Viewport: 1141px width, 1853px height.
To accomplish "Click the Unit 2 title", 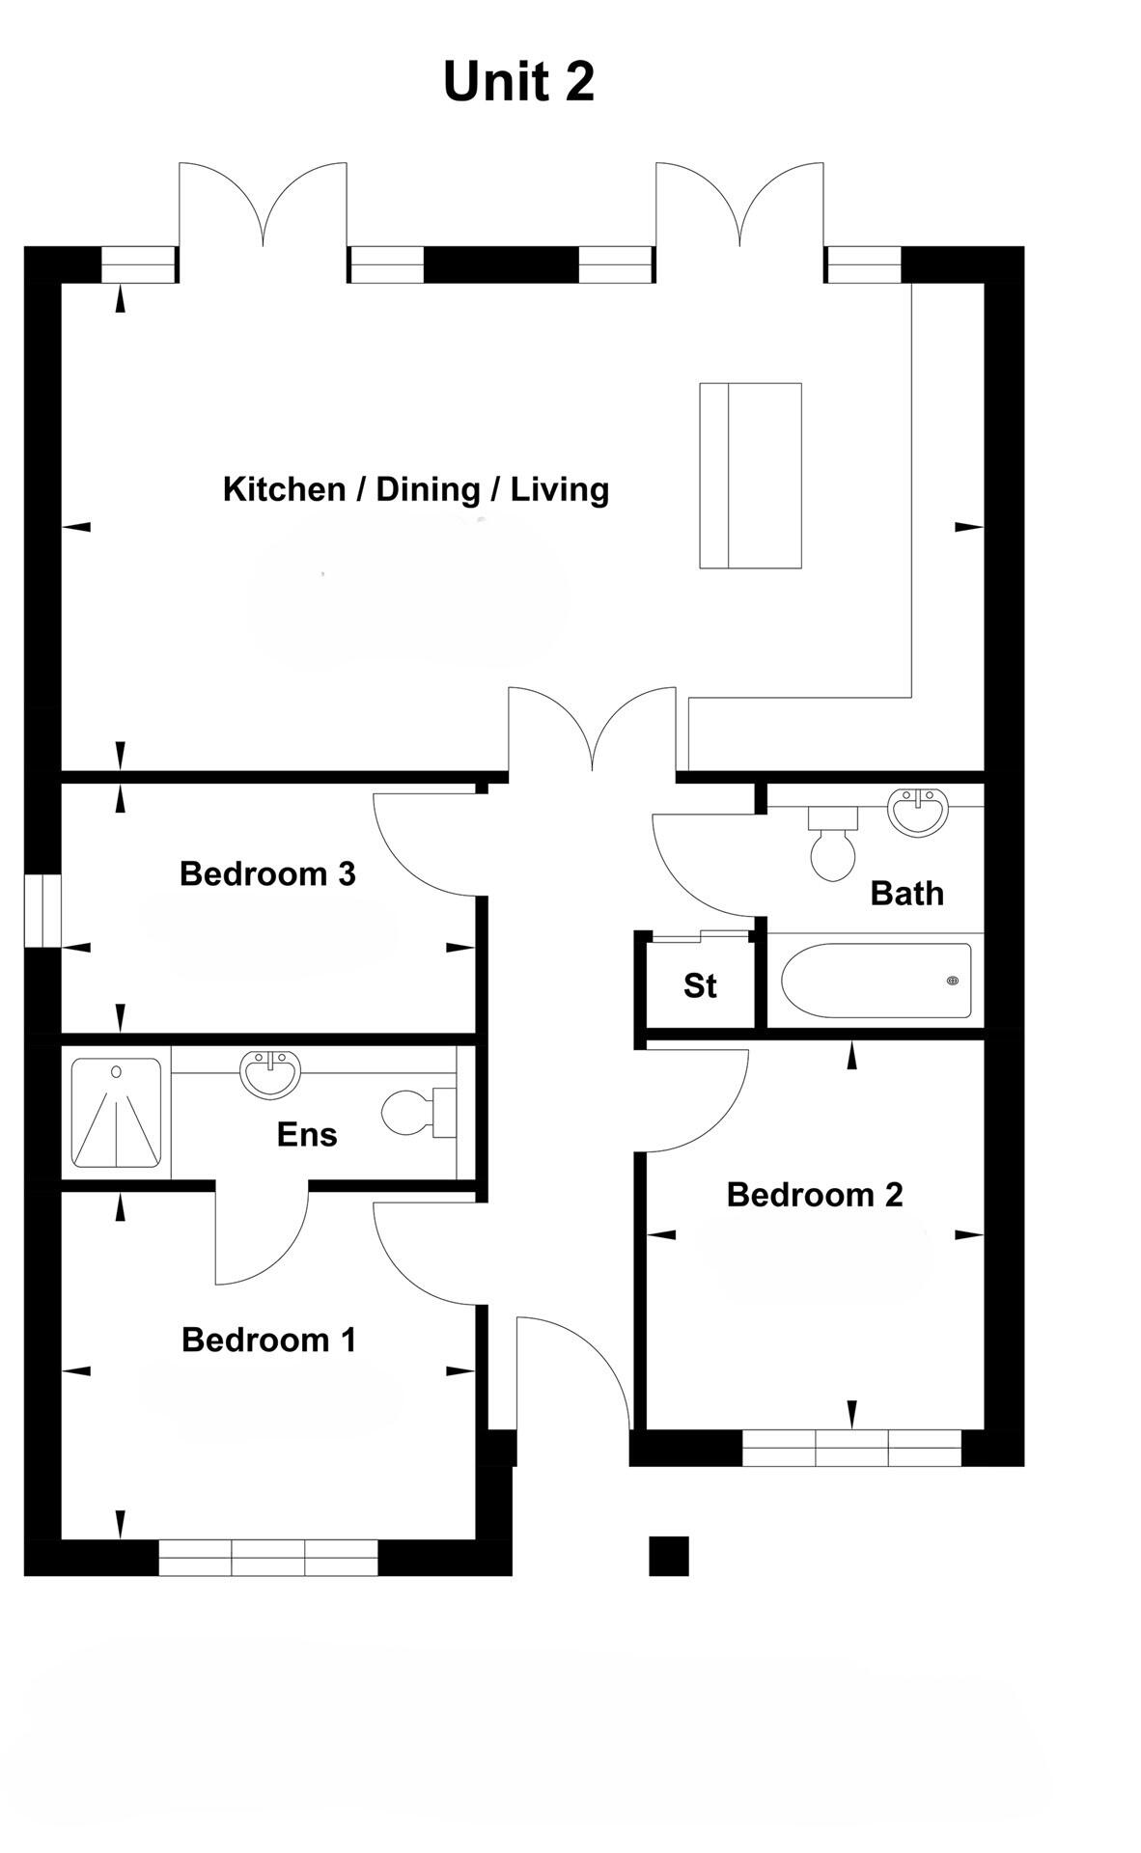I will click(x=518, y=81).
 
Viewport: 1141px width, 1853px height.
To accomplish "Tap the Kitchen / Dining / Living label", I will click(x=415, y=489).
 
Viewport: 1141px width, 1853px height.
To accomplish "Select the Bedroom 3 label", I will click(x=267, y=874).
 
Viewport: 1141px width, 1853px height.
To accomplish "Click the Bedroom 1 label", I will click(x=268, y=1341).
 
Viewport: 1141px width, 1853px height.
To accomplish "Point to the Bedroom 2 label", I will click(x=814, y=1195).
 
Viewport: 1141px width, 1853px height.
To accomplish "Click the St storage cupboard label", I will click(x=700, y=986).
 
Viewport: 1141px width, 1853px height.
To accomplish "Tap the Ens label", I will click(x=307, y=1135).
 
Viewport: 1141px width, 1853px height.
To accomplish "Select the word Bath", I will click(x=906, y=894).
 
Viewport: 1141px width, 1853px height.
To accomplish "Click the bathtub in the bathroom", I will click(x=876, y=981).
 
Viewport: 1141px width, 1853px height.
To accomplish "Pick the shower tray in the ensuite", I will click(x=116, y=1112).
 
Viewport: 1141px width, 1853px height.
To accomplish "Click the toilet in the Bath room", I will click(x=833, y=845).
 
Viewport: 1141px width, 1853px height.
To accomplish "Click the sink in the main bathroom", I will click(x=919, y=811).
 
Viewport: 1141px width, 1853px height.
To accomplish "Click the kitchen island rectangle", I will click(x=750, y=475).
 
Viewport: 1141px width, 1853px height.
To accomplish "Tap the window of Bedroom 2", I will click(x=851, y=1448).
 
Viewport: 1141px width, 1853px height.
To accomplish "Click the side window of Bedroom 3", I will click(x=42, y=910).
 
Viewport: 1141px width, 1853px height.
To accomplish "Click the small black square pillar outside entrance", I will click(x=668, y=1556).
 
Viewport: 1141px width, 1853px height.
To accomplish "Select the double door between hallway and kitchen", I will click(x=592, y=733).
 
